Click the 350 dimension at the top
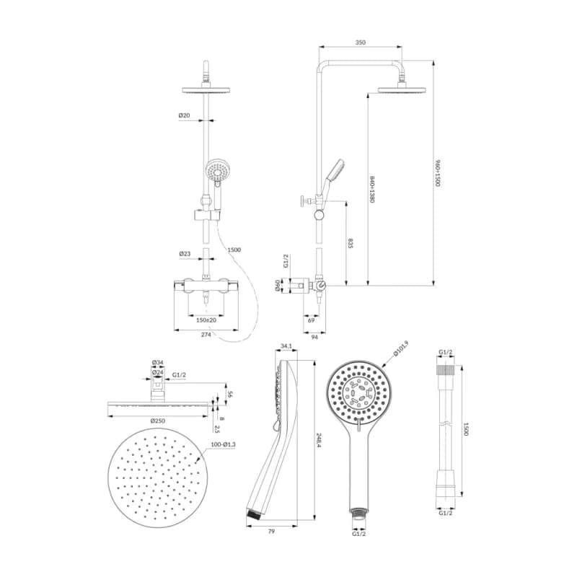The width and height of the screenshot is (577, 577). coord(360,43)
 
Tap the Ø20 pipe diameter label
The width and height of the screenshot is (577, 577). coord(185,115)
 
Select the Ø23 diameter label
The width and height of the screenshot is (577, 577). coord(185,254)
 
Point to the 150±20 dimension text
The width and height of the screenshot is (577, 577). coord(206,320)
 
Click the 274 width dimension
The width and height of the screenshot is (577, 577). coord(206,335)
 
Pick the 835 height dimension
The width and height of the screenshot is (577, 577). coord(351,244)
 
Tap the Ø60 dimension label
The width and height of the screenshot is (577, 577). coord(278,286)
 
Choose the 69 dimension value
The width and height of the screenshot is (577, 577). coord(311,320)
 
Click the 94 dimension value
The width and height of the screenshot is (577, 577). coord(314,337)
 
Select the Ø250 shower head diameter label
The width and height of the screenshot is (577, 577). coord(158,421)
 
